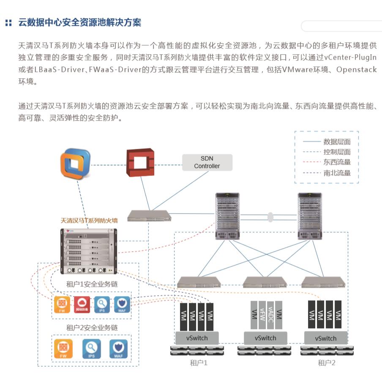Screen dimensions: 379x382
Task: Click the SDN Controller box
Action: click(207, 162)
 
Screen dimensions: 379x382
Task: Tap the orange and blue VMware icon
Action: click(76, 164)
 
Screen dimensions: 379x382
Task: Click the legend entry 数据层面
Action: click(337, 142)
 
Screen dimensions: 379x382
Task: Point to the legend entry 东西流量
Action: click(337, 162)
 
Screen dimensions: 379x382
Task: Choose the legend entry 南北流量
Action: click(337, 173)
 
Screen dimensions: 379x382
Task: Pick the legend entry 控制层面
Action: click(337, 152)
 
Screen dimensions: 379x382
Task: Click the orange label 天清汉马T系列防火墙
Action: click(89, 220)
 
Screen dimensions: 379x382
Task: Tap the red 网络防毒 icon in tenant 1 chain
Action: click(82, 304)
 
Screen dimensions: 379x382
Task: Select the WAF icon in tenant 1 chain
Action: click(122, 304)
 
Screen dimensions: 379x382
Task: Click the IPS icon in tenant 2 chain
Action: click(91, 349)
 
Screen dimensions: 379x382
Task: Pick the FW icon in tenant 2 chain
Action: click(63, 349)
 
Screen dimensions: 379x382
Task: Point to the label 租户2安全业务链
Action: click(92, 327)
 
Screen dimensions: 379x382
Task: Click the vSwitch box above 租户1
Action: click(197, 338)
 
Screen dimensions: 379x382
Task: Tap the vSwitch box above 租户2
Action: click(326, 338)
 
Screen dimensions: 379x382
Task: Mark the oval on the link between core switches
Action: click(270, 217)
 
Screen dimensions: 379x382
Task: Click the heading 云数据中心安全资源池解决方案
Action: click(79, 22)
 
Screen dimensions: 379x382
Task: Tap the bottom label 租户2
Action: click(326, 363)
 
